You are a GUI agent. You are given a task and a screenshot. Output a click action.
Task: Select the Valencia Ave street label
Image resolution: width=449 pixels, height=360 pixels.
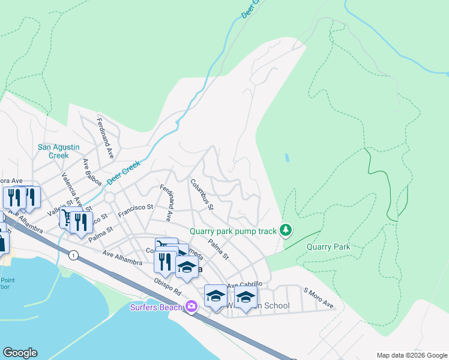(x=71, y=188)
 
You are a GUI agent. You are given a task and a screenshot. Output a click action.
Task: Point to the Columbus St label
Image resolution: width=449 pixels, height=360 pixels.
(x=202, y=195)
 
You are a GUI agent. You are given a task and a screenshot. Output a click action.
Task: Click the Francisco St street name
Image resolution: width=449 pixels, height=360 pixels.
(x=136, y=210)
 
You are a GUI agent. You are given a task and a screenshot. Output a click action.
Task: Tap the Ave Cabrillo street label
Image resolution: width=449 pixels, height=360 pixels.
(x=244, y=284)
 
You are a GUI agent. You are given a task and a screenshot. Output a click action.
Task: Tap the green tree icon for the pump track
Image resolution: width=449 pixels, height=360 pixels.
(x=286, y=230)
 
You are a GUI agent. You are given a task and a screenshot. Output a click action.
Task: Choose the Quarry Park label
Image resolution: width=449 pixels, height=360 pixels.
(x=328, y=247)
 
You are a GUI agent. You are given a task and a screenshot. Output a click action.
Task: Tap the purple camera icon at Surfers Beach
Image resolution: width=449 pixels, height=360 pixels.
(x=191, y=307)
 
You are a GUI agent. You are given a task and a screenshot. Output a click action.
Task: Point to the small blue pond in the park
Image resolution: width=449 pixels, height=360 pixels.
(x=287, y=158)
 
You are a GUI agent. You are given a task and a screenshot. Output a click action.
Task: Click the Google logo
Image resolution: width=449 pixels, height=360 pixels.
(x=20, y=353)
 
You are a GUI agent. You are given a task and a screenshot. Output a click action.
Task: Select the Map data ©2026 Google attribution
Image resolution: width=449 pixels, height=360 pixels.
(x=411, y=355)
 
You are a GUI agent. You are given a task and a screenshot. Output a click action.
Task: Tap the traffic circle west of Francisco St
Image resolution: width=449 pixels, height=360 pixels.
(x=109, y=197)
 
